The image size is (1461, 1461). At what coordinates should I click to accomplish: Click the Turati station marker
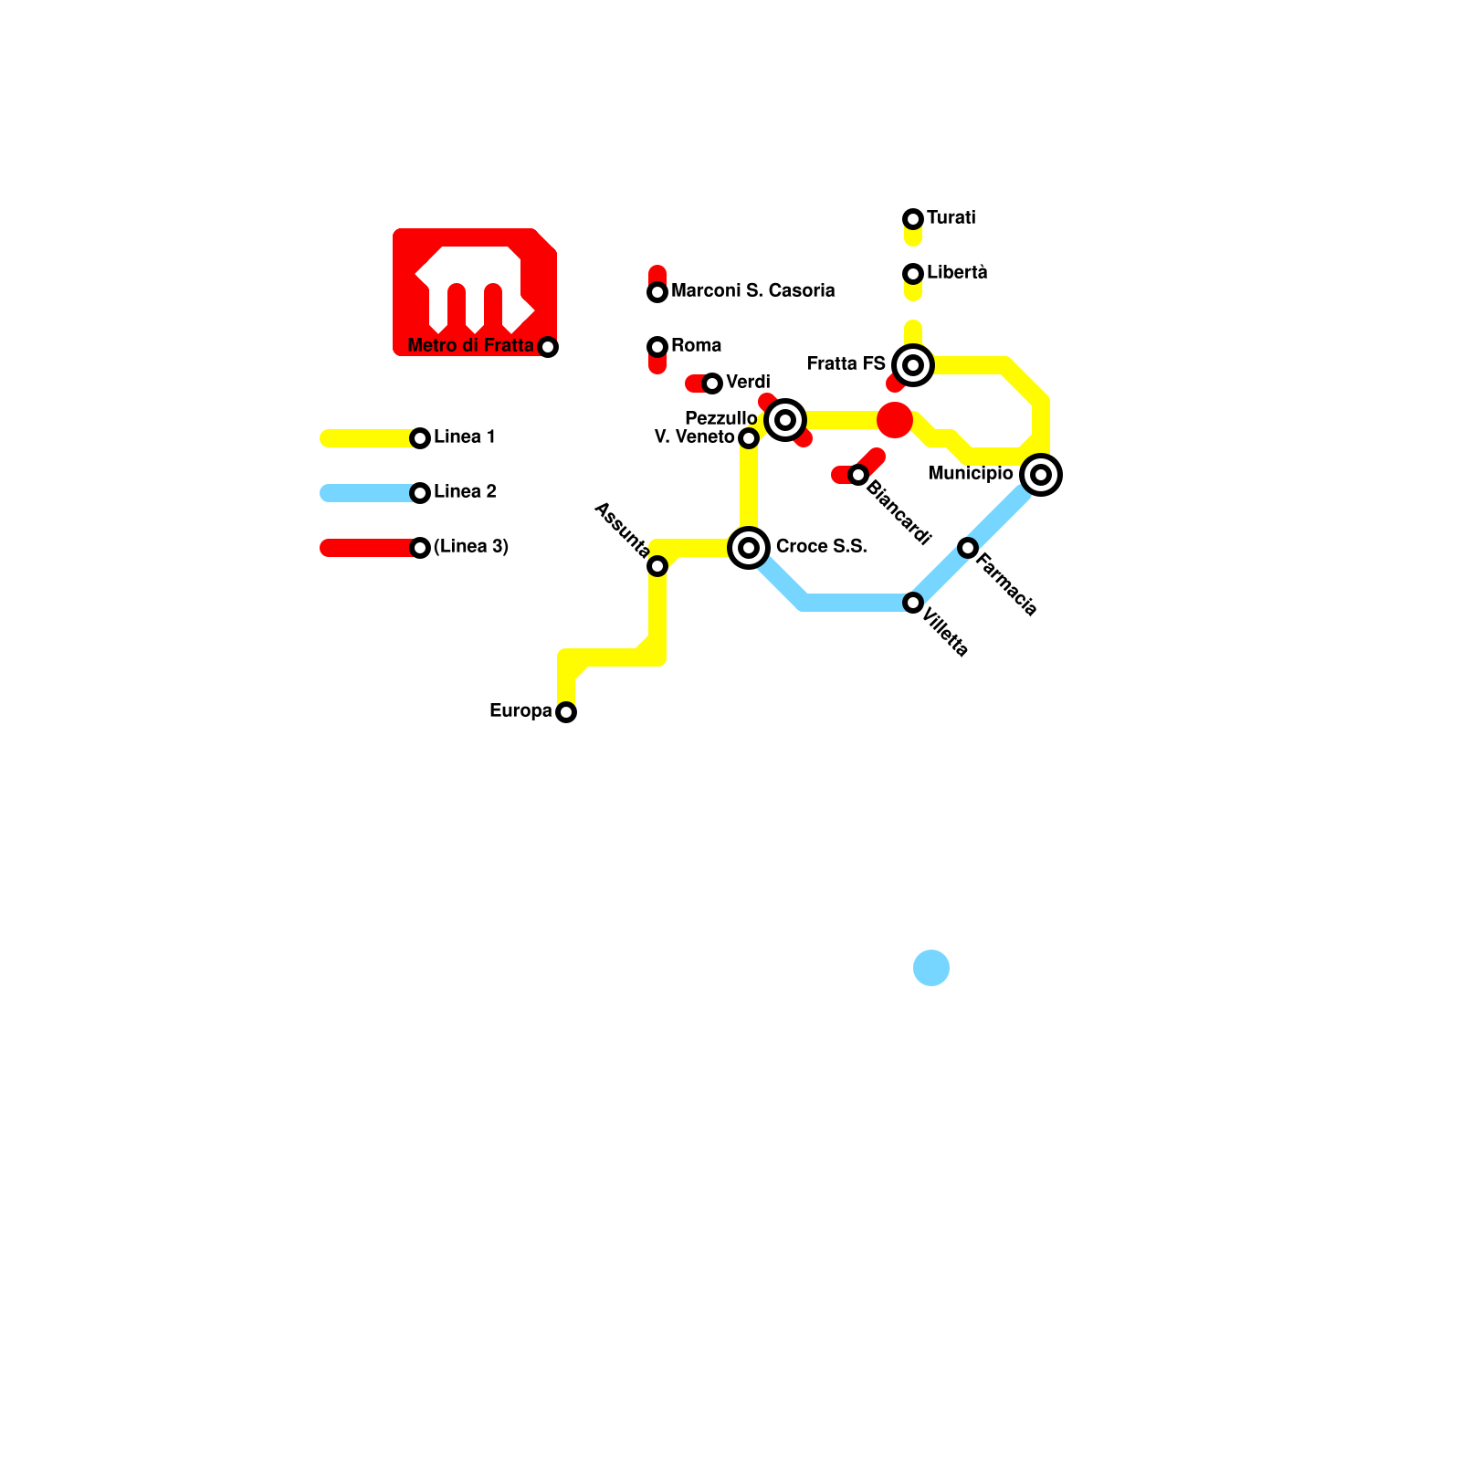click(913, 219)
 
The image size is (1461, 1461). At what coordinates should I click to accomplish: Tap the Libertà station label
click(957, 272)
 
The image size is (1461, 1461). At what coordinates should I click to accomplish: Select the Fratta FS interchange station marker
click(913, 365)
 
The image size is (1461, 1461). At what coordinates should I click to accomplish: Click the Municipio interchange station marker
click(1041, 475)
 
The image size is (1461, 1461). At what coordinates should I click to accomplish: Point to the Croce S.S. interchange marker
click(749, 548)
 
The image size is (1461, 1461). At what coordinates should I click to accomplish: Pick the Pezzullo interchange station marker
click(785, 420)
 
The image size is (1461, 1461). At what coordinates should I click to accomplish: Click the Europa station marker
click(566, 712)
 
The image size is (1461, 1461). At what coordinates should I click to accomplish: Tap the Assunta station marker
click(657, 566)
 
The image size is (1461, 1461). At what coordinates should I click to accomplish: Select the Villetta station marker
click(913, 603)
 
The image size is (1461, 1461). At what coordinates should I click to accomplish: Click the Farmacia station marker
click(968, 548)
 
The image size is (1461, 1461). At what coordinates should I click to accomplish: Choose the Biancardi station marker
click(858, 475)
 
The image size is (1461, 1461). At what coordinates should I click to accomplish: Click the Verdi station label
click(748, 382)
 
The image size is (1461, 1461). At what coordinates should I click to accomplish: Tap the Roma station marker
click(657, 347)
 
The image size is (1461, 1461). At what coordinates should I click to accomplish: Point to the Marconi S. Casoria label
click(752, 290)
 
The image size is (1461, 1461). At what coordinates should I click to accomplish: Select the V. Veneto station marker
click(749, 438)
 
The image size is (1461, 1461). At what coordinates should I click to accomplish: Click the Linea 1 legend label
click(465, 436)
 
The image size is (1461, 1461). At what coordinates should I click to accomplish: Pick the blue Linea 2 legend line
click(365, 493)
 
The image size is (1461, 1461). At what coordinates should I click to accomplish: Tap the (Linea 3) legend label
click(470, 546)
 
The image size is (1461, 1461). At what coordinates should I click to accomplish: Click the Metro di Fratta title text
click(470, 345)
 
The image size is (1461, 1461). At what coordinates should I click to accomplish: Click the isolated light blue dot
click(931, 968)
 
